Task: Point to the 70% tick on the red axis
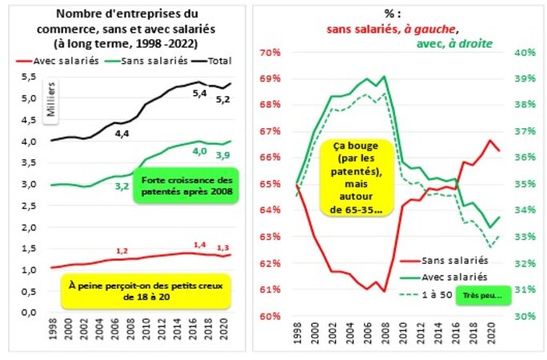pos(270,53)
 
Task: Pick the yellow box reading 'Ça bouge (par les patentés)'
pos(357,178)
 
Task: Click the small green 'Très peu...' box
pos(481,294)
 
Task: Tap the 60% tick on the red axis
pos(270,315)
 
